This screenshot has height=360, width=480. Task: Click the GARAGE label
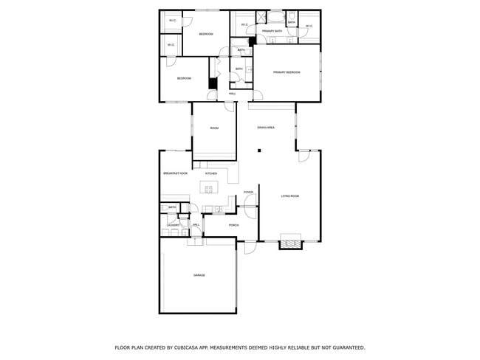click(x=199, y=275)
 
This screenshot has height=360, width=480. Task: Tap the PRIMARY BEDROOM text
click(x=287, y=72)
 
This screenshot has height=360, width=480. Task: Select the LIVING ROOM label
click(x=289, y=195)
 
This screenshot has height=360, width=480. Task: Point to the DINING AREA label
click(x=266, y=128)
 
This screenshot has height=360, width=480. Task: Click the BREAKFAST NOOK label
click(x=175, y=173)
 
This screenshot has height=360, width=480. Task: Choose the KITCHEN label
click(x=210, y=173)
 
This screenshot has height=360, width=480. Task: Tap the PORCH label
click(x=233, y=225)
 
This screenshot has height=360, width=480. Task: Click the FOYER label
click(x=248, y=193)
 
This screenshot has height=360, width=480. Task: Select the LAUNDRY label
click(x=172, y=224)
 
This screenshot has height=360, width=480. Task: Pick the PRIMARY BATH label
click(x=272, y=31)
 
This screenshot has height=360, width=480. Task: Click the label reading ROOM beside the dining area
click(x=214, y=128)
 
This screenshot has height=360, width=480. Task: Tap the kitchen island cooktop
click(x=209, y=189)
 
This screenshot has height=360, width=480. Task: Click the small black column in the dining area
click(x=259, y=150)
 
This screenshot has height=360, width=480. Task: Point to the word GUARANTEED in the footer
click(x=346, y=347)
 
